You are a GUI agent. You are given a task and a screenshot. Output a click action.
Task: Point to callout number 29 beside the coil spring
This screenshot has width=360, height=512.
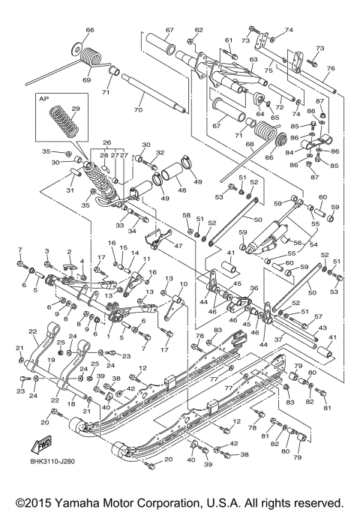point(75,109)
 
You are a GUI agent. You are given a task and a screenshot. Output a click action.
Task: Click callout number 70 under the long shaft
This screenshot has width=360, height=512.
point(138,110)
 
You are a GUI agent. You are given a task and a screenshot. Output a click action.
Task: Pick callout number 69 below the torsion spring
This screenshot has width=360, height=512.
point(86,79)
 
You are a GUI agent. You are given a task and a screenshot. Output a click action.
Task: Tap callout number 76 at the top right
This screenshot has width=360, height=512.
point(331,68)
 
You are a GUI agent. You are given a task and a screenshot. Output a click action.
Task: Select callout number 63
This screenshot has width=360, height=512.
point(253,58)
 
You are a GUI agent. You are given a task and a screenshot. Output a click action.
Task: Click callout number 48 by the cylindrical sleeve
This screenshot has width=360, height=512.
point(181,190)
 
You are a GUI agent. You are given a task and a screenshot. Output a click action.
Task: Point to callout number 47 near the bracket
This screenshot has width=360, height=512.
point(178,245)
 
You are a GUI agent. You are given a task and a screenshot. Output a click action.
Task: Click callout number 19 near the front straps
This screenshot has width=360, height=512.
point(50,359)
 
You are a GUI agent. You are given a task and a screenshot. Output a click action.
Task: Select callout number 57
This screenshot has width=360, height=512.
point(319,316)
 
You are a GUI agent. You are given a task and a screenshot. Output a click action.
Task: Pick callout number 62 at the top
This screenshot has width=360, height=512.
point(199,30)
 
